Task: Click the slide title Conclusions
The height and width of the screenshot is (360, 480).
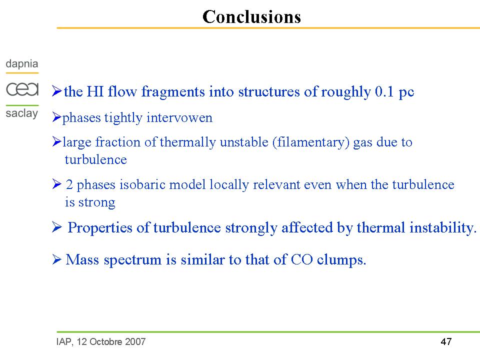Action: click(251, 16)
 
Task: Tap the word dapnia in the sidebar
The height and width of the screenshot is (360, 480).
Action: click(21, 64)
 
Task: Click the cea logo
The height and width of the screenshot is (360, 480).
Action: click(22, 89)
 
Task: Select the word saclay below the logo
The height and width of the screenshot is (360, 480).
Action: click(21, 113)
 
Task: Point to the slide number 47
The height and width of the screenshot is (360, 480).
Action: click(446, 341)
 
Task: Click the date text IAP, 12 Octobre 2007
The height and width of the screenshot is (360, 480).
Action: click(101, 341)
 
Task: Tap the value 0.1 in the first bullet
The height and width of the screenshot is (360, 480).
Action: click(384, 91)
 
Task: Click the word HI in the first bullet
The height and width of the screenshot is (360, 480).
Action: click(95, 91)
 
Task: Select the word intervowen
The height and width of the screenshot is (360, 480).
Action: click(179, 117)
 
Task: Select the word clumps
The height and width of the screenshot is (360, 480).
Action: click(341, 260)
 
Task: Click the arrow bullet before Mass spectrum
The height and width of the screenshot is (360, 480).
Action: click(56, 259)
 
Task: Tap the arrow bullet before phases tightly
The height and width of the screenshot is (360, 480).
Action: click(56, 117)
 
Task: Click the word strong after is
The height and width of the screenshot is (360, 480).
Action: click(96, 202)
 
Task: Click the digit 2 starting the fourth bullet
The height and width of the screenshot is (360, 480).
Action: click(69, 184)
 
